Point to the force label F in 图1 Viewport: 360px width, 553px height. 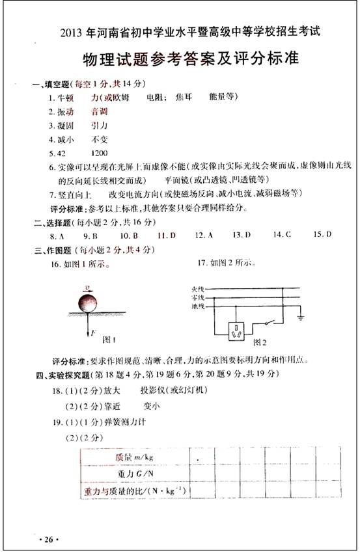[92, 333]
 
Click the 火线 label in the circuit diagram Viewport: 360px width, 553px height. [199, 288]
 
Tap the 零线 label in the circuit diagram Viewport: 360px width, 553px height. [199, 297]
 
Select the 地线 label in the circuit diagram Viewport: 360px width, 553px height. [199, 306]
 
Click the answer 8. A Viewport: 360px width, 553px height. [57, 236]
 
